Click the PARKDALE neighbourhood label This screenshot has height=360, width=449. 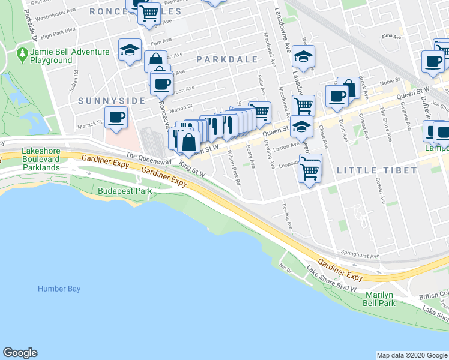[226, 59]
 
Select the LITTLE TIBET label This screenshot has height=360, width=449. [376, 170]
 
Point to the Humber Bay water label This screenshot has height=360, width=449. [59, 289]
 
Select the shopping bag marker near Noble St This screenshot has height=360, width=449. [348, 88]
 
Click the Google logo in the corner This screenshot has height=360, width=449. [20, 353]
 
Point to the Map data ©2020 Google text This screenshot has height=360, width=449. [411, 355]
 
